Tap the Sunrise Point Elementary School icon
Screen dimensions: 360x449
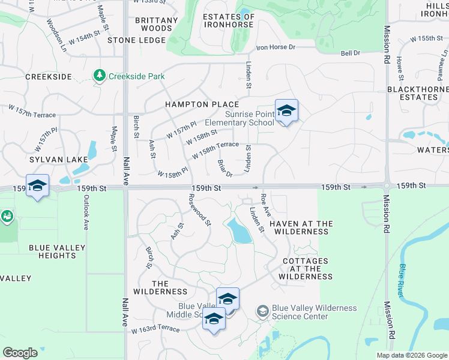pyautogui.click(x=286, y=111)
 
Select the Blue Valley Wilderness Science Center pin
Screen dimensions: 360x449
pyautogui.click(x=262, y=311)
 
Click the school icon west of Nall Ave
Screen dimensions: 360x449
pyautogui.click(x=37, y=185)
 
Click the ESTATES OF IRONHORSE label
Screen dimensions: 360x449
pyautogui.click(x=229, y=21)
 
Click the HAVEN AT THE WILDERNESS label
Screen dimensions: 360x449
pyautogui.click(x=301, y=227)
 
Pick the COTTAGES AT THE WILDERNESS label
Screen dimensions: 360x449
pyautogui.click(x=306, y=269)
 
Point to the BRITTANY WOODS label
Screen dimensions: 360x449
pyautogui.click(x=157, y=24)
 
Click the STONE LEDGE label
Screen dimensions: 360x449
pyautogui.click(x=136, y=40)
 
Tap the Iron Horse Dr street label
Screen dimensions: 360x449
pyautogui.click(x=276, y=47)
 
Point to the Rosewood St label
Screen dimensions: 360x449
pyautogui.click(x=200, y=209)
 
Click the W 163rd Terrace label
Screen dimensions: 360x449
pyautogui.click(x=156, y=329)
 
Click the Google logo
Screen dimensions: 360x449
pyautogui.click(x=20, y=353)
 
